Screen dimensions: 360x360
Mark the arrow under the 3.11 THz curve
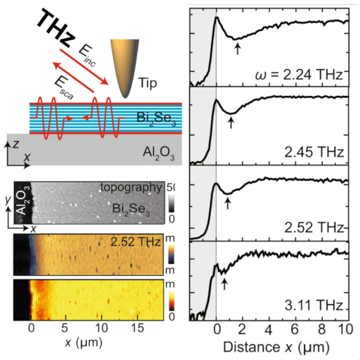coord(224,283)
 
